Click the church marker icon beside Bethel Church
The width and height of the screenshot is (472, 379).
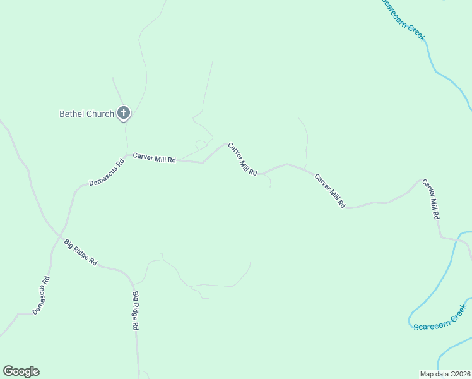[x=124, y=114]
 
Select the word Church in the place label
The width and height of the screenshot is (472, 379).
[x=101, y=114]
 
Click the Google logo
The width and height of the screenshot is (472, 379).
[x=21, y=371]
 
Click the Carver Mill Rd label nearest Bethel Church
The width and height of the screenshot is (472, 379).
[x=154, y=158]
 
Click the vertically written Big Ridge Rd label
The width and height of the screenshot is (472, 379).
[x=135, y=311]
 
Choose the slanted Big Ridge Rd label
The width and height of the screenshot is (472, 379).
[x=81, y=252]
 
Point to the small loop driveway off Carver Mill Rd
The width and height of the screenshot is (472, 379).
[x=201, y=145]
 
